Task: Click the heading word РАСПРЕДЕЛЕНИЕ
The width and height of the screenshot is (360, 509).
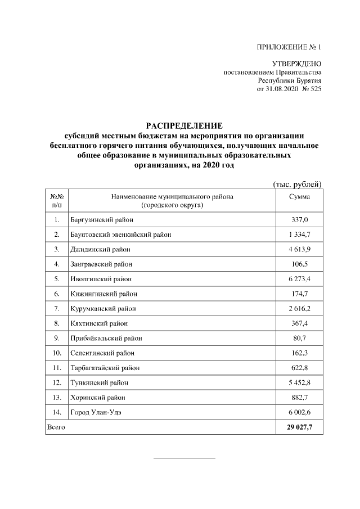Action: [x=184, y=125]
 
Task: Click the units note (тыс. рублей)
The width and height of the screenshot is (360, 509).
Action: [x=296, y=184]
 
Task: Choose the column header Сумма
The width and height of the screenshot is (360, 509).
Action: [x=299, y=197]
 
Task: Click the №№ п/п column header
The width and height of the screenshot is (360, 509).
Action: [x=57, y=201]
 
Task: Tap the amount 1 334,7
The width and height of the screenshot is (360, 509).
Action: [x=299, y=234]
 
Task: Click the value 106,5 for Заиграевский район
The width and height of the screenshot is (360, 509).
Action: [x=299, y=263]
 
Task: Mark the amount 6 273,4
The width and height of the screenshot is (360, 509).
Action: [x=299, y=278]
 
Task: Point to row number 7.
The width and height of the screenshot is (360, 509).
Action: [x=57, y=308]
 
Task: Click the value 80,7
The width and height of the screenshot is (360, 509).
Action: [x=299, y=338]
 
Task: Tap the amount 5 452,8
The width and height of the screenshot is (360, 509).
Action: [x=299, y=382]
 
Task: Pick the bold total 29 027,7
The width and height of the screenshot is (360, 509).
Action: [x=299, y=427]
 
